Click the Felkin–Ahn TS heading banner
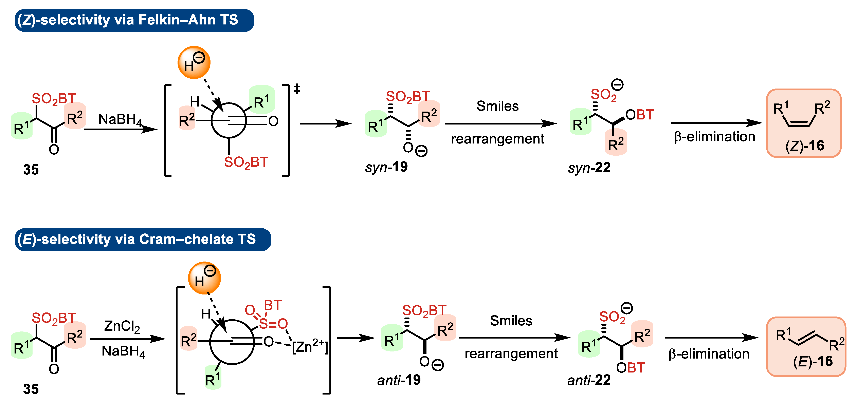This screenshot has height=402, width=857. point(134,20)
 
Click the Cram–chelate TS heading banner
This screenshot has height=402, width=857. point(143,240)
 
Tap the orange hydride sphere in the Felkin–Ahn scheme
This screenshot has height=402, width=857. point(194,62)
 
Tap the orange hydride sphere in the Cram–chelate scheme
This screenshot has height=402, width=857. point(204,278)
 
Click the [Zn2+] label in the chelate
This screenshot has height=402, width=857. point(309,347)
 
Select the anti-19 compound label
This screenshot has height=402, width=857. point(399,380)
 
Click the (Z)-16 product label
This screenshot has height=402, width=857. point(804,146)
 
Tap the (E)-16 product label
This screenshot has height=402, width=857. point(813,361)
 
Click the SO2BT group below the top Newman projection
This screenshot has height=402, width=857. point(246,162)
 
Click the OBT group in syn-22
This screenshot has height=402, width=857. point(639,115)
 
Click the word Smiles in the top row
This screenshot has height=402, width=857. point(497,106)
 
